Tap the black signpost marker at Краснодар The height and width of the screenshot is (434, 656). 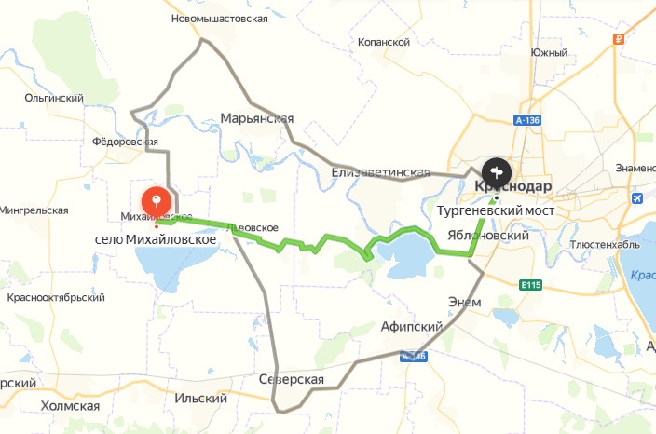[496, 171]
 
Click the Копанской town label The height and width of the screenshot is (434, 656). [384, 42]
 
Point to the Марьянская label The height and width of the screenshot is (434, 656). [257, 118]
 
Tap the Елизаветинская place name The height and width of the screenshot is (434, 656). [381, 172]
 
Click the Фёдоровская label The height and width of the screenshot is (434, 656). [127, 142]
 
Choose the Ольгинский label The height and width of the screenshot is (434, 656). [55, 97]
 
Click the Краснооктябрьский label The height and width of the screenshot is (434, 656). [55, 297]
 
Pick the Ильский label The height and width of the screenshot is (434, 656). [201, 399]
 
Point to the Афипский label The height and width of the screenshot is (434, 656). [410, 327]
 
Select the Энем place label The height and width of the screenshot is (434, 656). [464, 302]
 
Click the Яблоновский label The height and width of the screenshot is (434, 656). [488, 236]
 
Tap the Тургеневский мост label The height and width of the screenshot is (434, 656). [496, 210]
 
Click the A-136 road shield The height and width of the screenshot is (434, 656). [527, 121]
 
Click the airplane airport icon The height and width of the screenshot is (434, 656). [637, 198]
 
